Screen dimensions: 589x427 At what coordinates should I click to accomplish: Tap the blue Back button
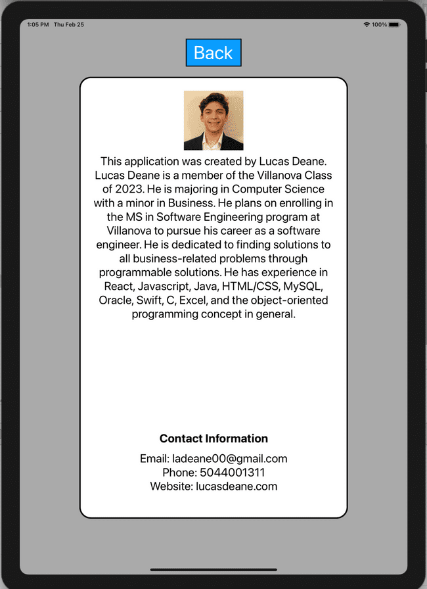[213, 53]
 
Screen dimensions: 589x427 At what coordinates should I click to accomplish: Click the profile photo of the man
[213, 120]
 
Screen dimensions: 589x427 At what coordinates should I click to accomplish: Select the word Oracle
[116, 300]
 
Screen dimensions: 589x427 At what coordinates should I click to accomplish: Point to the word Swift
[150, 300]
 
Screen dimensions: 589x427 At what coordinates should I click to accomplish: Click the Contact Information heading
[213, 438]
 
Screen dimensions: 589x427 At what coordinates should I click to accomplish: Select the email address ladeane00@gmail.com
[230, 459]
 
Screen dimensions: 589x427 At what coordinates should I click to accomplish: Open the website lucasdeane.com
[236, 486]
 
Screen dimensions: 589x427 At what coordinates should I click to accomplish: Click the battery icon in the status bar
[394, 25]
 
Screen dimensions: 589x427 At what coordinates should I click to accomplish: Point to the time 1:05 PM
[38, 25]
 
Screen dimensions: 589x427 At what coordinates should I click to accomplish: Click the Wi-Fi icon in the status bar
[367, 25]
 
